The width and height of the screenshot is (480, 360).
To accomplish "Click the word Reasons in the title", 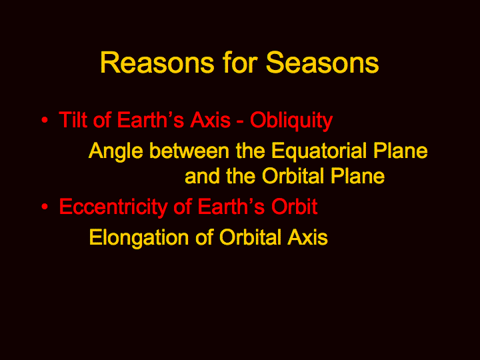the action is coord(157,63).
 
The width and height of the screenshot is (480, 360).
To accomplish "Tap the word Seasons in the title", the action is coord(323,63).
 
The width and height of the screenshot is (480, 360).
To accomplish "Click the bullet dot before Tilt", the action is coord(45,120).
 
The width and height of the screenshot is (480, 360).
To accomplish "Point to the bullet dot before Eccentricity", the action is coord(45,207).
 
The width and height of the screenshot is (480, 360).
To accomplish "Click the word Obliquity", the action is coord(291,121).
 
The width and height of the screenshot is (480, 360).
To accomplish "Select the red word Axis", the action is coord(210,119).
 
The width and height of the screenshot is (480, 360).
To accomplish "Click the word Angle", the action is coord(116,152).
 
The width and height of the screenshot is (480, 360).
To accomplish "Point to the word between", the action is coord(189,151).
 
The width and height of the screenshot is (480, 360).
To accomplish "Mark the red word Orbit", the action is coord(294,206).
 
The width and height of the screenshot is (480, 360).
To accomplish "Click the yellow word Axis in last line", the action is coord(307,237).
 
